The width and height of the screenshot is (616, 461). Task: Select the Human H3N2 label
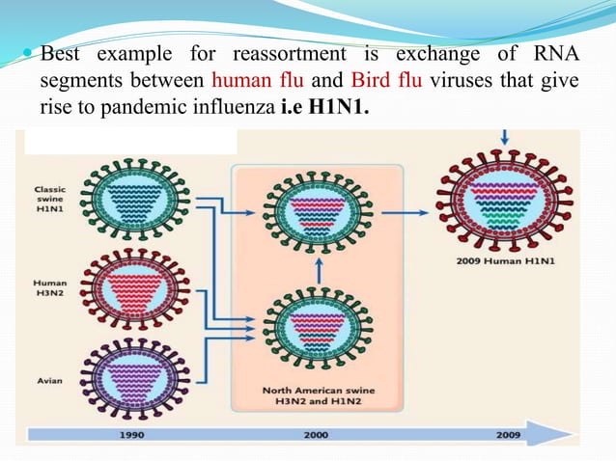click(50, 288)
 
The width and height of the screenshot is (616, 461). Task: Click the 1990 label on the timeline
click(133, 435)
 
